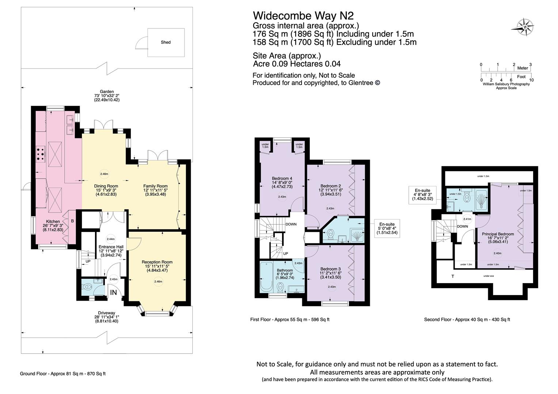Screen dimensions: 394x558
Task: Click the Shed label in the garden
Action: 166,42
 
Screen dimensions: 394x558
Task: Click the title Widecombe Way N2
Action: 303,16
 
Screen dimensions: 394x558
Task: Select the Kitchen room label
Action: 53,221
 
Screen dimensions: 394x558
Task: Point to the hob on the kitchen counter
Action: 41,154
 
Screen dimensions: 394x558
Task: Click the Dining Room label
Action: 106,186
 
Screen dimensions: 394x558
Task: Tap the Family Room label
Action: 155,186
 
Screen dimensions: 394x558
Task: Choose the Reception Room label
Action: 157,262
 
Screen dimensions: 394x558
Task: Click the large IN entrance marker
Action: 113,292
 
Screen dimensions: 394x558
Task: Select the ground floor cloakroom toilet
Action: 86,287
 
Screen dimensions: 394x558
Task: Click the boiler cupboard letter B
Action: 72,221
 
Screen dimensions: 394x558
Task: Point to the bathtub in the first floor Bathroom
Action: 265,277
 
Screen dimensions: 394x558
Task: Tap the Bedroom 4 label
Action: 282,178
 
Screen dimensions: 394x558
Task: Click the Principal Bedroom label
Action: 498,234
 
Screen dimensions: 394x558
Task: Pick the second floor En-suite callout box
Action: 422,194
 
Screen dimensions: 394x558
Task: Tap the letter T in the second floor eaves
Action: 453,277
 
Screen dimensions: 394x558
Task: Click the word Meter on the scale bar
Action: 523,68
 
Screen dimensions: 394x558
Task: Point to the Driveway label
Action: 106,313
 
